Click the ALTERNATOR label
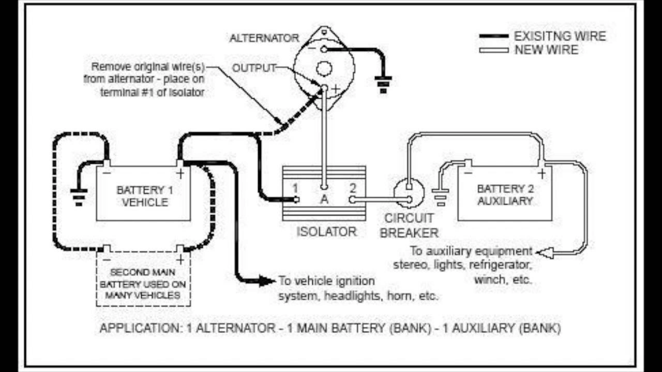(264, 38)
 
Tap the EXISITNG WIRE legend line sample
(493, 36)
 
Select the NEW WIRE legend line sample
(493, 50)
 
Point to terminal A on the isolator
(324, 199)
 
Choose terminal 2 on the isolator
(352, 199)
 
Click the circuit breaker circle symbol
(409, 193)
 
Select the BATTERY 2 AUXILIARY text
(504, 195)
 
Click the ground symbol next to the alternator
(383, 84)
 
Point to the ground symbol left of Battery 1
(78, 196)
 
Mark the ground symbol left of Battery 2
(440, 197)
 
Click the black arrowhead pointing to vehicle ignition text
(267, 281)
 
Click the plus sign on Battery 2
(541, 173)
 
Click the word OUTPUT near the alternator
(253, 68)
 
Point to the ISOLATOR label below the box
(326, 231)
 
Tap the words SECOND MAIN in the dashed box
(143, 272)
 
